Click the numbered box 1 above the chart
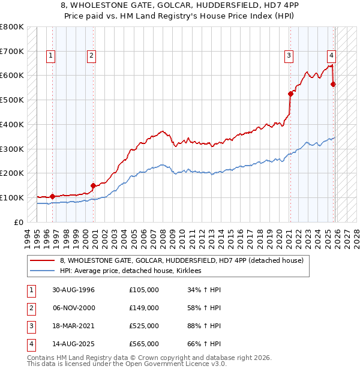tap(50, 56)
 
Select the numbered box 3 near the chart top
tap(289, 56)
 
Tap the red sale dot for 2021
tap(290, 94)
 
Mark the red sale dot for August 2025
tap(333, 84)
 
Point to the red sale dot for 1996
tap(52, 196)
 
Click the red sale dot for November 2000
tap(93, 185)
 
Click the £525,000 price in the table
tap(144, 326)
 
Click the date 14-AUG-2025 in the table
tap(73, 344)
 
